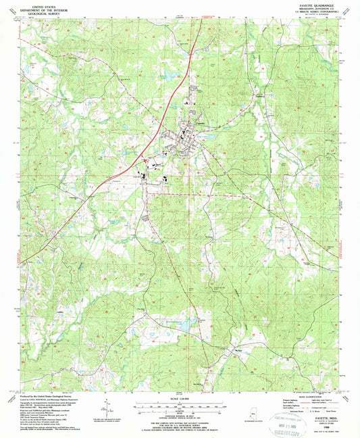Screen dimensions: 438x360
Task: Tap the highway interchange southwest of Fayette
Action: (143, 159)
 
